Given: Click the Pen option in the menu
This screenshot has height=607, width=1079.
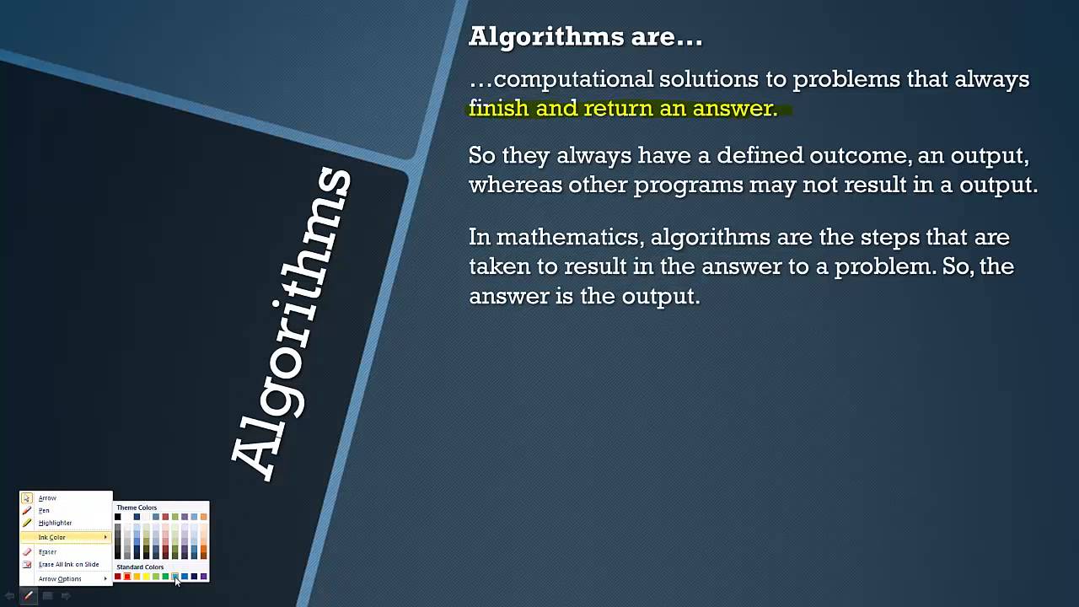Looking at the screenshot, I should pos(44,510).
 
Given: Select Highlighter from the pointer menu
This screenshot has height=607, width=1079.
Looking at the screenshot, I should pos(55,523).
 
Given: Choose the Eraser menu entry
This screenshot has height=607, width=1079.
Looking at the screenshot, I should pos(47,551).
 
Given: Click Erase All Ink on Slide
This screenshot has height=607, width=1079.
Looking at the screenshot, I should pos(68,564).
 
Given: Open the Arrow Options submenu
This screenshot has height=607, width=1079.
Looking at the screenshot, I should pos(60,579).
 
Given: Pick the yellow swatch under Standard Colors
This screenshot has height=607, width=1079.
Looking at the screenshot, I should pos(146,577).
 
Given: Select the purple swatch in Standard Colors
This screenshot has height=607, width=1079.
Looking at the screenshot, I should pos(203,577).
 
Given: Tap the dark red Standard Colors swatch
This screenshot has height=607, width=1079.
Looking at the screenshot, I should pos(118,577).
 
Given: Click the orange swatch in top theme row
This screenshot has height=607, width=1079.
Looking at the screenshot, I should pos(203,517).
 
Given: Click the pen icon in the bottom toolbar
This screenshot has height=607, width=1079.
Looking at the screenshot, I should pos(29,596).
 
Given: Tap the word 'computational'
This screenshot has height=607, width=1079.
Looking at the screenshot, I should pos(573,79).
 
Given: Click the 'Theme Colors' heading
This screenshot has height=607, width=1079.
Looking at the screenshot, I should pos(137,508).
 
